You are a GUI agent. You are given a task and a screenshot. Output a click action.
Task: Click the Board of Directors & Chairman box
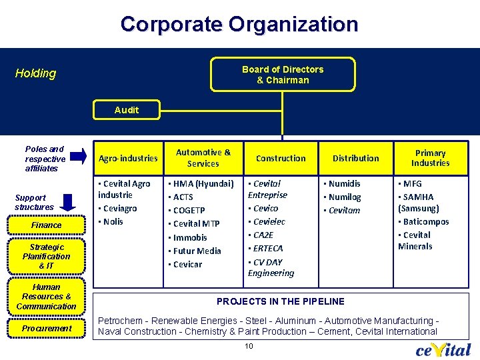click(x=282, y=75)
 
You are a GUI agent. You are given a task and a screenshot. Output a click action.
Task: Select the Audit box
click(x=127, y=110)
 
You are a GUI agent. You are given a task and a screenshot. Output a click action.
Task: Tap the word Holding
click(x=36, y=73)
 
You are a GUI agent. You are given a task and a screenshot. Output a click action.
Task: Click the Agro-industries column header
click(x=128, y=158)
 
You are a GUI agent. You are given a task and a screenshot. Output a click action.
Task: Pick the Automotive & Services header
click(x=203, y=158)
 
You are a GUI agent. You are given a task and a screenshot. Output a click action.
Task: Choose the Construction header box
click(x=281, y=158)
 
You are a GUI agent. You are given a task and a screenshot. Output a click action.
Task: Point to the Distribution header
click(x=355, y=158)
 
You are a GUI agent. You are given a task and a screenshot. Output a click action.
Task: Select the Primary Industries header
click(x=430, y=158)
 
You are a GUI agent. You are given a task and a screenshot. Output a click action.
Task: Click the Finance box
click(x=46, y=225)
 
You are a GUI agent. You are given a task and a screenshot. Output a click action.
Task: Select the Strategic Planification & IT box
click(x=46, y=256)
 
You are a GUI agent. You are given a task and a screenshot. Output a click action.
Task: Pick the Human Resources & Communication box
click(x=46, y=297)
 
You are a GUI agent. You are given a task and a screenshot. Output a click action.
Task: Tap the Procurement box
click(x=46, y=329)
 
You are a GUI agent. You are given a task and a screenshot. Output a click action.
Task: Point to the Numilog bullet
click(x=346, y=197)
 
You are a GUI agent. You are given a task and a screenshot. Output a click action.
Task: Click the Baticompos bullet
click(x=425, y=221)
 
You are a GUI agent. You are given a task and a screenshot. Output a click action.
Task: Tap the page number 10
click(x=249, y=345)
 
